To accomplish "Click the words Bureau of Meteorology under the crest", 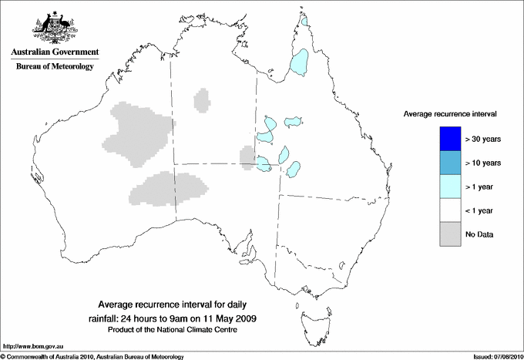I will tap(54, 67).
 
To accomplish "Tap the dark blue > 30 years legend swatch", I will tap(449, 139).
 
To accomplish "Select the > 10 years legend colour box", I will tap(449, 163).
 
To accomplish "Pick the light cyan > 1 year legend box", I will tap(449, 187).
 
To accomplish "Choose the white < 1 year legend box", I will tap(449, 210).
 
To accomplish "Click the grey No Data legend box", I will tap(449, 234).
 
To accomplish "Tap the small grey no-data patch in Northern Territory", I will tap(202, 99).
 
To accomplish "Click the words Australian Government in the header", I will tap(54, 52).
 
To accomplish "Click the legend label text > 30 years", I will tap(483, 139).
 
